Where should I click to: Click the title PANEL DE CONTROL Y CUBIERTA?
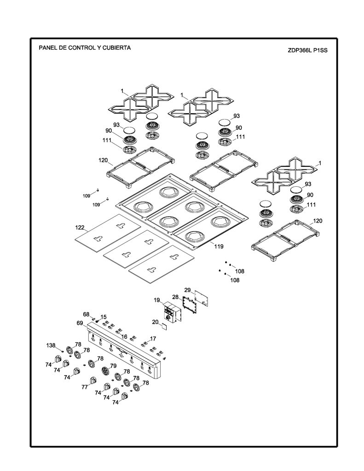click(85, 48)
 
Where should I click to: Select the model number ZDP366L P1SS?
click(307, 51)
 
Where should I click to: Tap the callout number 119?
click(219, 247)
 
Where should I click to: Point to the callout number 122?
click(80, 228)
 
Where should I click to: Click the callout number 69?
click(80, 323)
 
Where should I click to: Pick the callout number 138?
click(51, 345)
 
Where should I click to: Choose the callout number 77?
click(85, 387)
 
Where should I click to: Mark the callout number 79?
click(113, 366)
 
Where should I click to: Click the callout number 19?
click(156, 300)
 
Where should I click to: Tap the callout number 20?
click(155, 322)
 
